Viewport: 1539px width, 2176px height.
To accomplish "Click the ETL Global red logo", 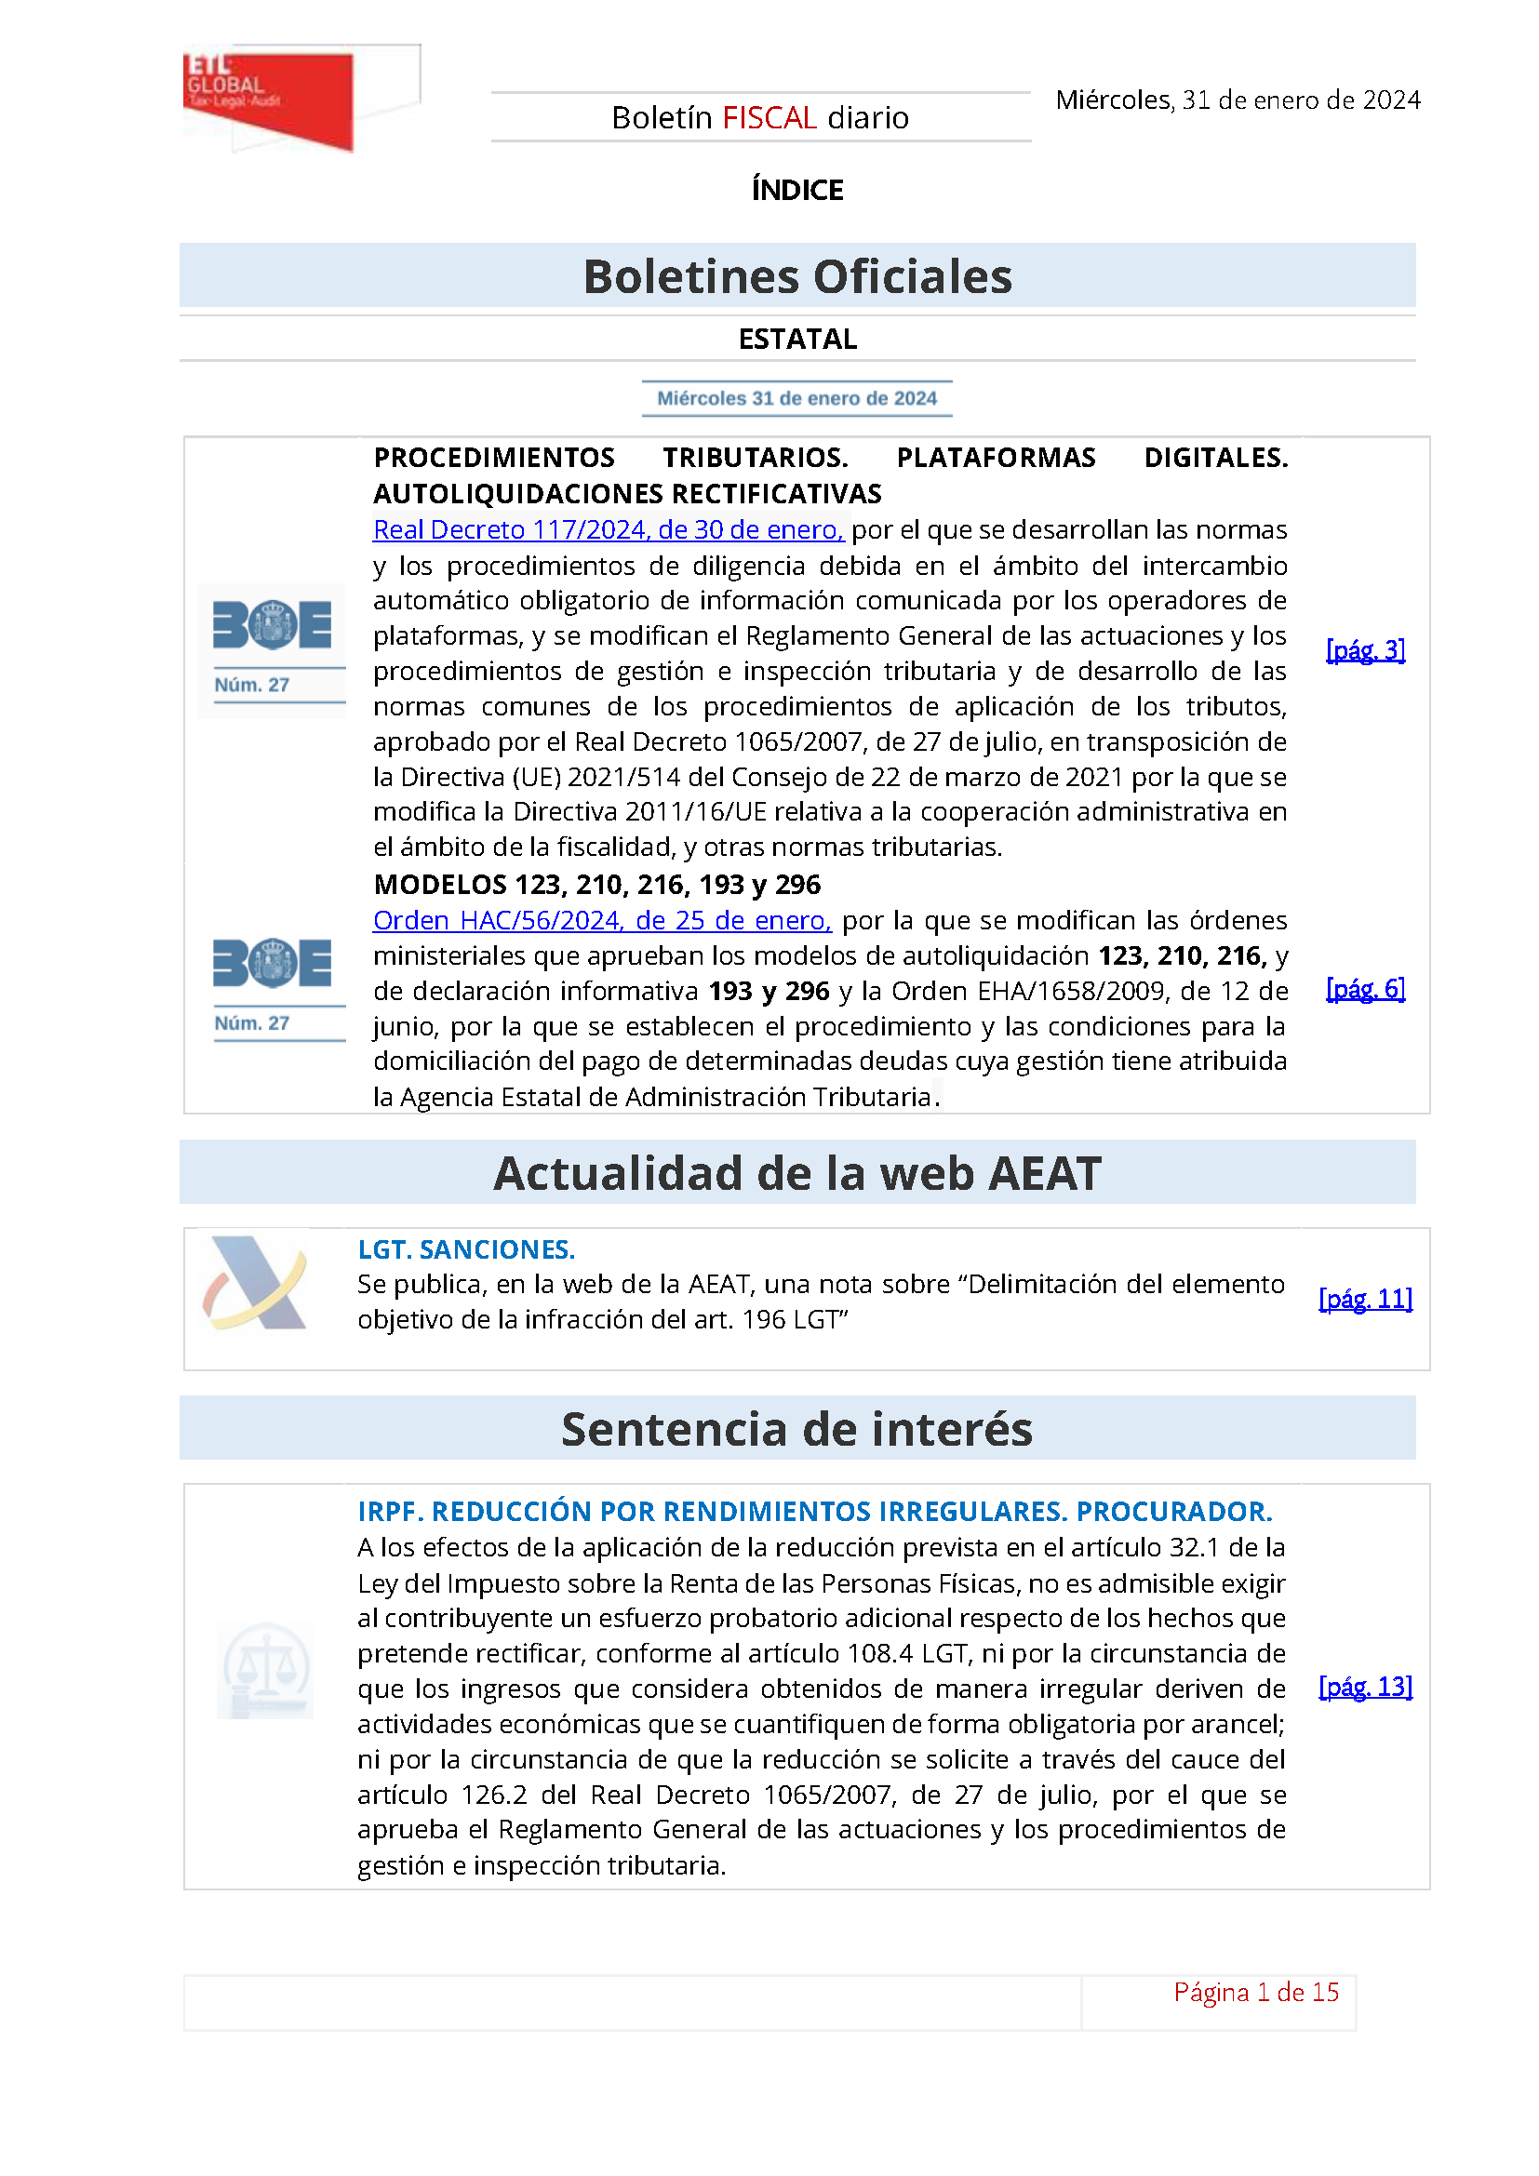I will coord(268,98).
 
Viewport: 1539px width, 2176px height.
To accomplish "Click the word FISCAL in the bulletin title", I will coord(769,117).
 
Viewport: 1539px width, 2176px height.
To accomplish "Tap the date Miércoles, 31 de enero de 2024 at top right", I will coord(1237,100).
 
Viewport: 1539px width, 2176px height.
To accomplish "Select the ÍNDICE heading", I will coord(797,190).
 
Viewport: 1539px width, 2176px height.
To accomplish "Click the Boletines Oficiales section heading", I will coord(797,276).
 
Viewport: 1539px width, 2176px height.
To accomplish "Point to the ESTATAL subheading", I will coord(797,339).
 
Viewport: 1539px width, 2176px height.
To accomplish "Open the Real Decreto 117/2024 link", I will coord(608,529).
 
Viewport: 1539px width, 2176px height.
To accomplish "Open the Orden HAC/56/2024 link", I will coord(602,920).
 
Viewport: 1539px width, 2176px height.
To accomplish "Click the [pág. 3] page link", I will coord(1365,650).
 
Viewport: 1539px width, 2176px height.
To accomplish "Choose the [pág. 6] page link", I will coord(1365,990).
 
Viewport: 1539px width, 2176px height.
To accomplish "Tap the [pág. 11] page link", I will coord(1365,1299).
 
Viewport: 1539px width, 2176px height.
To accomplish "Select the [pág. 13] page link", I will coord(1365,1687).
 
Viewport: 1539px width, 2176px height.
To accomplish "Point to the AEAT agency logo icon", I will coord(256,1282).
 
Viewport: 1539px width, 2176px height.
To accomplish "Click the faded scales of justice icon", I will coord(265,1670).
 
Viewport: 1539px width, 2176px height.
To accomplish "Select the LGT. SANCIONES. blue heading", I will coord(466,1249).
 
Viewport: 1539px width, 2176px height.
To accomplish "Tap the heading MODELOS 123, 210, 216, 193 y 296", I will coord(597,884).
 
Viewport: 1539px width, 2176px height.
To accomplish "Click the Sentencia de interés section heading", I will coord(797,1429).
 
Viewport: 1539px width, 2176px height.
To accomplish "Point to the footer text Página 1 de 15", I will coord(1255,1992).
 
